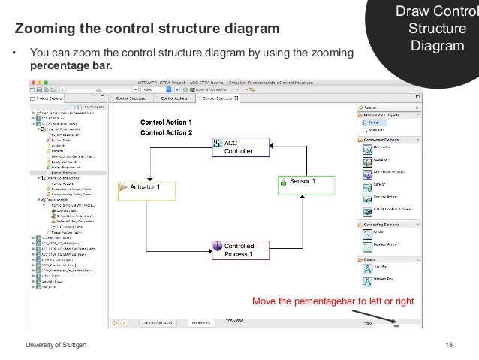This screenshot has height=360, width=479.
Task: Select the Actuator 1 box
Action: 147,186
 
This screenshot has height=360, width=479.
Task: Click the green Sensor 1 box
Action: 303,182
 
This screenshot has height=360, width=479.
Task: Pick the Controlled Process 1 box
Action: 237,250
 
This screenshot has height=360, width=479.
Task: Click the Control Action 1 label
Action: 167,123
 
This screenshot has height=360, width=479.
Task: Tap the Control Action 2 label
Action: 167,132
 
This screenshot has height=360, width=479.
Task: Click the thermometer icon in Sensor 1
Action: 285,182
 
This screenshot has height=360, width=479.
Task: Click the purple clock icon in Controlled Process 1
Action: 217,246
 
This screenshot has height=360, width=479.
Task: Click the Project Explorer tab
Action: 53,98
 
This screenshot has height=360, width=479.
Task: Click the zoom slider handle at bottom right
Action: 396,325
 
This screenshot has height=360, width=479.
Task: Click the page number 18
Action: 448,344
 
